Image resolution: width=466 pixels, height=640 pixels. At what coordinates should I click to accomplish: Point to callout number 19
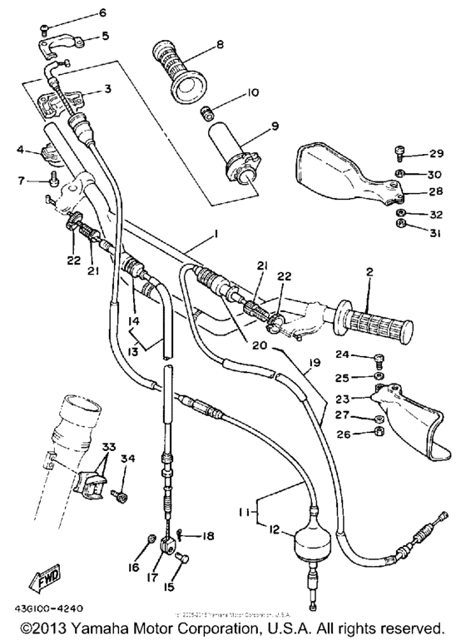314,364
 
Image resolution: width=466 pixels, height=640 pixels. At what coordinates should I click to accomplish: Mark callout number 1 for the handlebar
216,236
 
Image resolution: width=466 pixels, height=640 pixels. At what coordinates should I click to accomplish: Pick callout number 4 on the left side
21,150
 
